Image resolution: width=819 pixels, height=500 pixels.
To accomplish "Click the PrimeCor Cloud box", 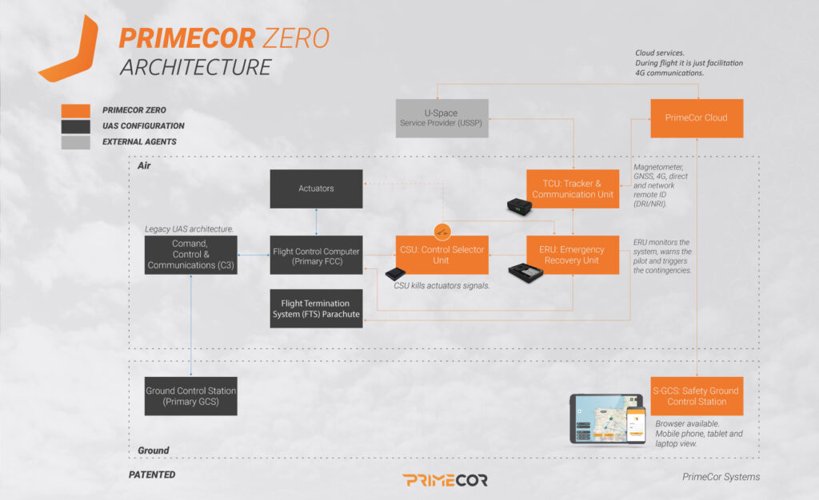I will point(697,118).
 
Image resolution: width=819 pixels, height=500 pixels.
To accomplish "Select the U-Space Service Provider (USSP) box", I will point(442,118).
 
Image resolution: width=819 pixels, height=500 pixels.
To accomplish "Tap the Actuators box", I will point(316,189).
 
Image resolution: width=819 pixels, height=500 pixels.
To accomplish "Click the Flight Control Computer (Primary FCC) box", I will point(316,255).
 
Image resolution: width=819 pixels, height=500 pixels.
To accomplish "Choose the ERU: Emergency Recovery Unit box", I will point(573,255).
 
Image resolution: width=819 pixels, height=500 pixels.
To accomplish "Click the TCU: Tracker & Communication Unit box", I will point(573,189).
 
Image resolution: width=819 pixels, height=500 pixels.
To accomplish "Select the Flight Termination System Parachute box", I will point(316,309).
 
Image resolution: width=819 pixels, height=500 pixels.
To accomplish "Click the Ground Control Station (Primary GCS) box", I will point(191,395).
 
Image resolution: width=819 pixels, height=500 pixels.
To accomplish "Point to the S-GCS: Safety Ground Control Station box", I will point(697,395).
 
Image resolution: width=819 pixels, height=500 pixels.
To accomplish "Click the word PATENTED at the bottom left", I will point(152,474).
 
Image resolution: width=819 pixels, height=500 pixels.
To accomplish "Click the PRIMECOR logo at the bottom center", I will point(445,480).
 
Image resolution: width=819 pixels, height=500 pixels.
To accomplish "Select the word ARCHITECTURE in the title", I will point(196,67).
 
